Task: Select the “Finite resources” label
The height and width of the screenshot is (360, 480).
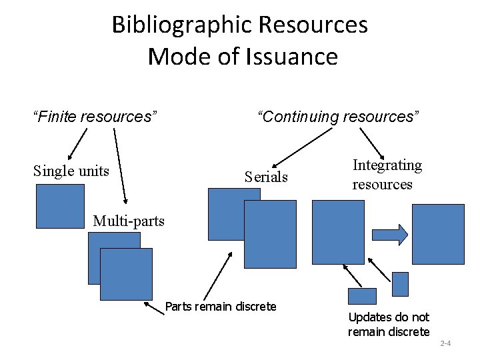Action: (x=95, y=117)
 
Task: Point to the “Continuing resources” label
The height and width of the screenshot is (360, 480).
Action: (x=339, y=117)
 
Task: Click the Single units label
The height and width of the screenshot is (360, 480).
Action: (x=71, y=171)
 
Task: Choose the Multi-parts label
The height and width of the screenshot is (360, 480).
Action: (x=129, y=221)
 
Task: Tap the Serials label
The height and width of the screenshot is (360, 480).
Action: (x=266, y=177)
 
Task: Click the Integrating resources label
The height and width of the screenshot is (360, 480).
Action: (x=387, y=175)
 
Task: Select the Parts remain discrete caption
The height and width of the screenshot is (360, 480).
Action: (x=220, y=307)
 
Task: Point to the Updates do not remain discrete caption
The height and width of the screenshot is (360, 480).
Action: (x=389, y=324)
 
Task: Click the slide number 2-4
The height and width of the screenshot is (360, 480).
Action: (x=446, y=344)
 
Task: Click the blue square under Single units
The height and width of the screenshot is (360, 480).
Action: (x=60, y=206)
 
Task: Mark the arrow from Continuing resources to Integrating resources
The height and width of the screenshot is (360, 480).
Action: (x=373, y=142)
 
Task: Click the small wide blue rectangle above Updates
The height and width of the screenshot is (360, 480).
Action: (x=363, y=296)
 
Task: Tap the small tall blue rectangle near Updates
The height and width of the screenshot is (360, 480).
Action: (x=400, y=283)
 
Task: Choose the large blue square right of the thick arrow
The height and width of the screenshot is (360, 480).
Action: (x=438, y=234)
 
